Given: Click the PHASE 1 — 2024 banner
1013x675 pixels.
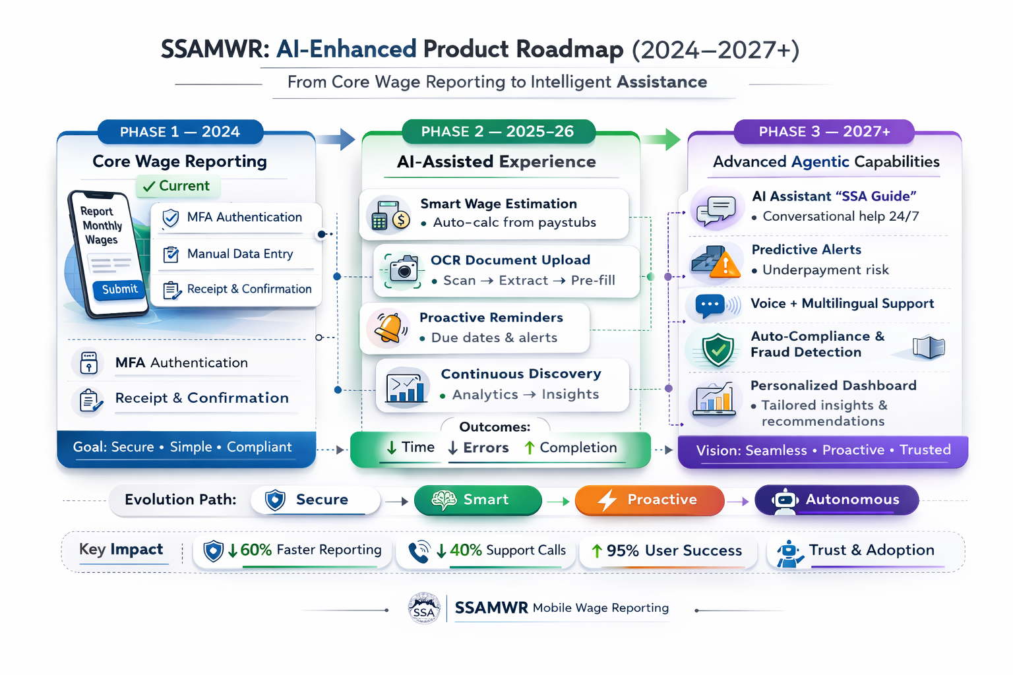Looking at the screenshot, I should tap(180, 132).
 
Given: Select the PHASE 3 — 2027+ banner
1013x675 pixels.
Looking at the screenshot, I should tap(824, 132).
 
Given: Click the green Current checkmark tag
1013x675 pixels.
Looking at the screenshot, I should tap(177, 186).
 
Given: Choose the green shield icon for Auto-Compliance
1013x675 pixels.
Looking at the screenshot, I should tap(718, 349).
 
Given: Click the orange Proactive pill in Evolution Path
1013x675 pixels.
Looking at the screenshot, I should tap(649, 500).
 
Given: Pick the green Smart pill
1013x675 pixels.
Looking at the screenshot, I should tap(477, 500).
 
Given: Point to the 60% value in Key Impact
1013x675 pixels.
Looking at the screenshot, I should tap(256, 550).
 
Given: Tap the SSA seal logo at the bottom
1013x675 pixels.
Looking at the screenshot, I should tap(424, 608).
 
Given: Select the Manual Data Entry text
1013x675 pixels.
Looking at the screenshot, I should tap(240, 254).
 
